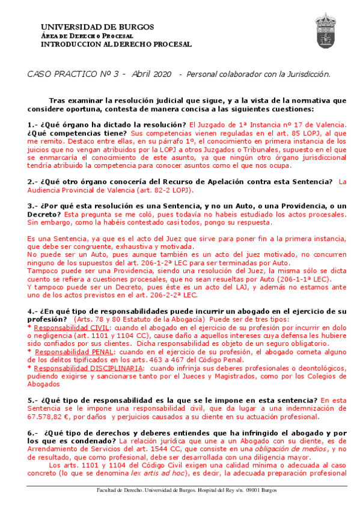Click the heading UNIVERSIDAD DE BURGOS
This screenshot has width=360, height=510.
97,27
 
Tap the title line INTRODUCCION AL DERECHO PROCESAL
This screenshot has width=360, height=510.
116,44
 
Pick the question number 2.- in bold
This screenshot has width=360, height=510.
33,182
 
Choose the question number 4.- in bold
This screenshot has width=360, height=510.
33,311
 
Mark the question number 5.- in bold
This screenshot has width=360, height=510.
33,400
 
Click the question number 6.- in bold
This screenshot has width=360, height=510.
33,433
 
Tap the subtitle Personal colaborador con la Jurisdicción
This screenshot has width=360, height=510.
258,74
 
